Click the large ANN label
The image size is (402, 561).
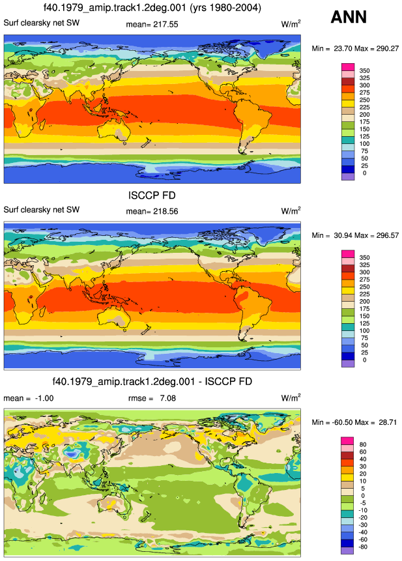point(349,17)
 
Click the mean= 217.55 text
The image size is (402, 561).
point(152,24)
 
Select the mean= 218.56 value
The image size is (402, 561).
point(152,212)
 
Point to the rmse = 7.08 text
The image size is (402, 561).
point(152,398)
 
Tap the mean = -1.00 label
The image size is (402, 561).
point(29,398)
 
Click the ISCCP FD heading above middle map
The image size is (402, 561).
point(152,195)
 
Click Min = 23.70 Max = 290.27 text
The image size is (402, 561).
point(355,48)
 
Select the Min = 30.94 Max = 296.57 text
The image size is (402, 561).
point(355,235)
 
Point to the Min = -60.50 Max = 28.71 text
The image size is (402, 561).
point(354,422)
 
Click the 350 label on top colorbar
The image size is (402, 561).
point(364,71)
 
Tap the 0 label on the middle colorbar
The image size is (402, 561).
point(364,360)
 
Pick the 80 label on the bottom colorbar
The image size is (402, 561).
point(363,444)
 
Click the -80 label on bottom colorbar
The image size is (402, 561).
point(363,547)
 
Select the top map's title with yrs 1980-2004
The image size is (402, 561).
point(152,8)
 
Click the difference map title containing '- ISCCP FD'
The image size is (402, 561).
point(152,381)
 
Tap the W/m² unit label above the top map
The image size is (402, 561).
point(291,24)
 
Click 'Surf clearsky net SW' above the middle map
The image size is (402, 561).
point(42,210)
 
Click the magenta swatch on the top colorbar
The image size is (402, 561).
point(348,67)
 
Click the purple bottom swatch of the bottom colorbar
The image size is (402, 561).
point(347,551)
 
